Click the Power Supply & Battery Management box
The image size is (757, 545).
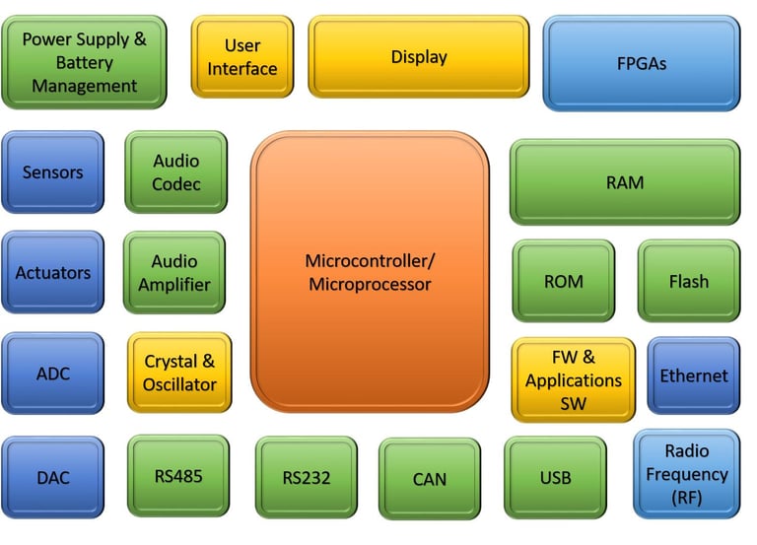click(84, 62)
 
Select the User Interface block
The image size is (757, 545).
click(242, 57)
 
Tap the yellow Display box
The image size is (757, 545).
click(419, 57)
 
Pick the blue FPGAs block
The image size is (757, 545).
click(642, 63)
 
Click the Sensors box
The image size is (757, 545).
click(52, 171)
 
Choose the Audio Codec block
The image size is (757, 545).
click(175, 171)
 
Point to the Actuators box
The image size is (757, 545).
click(52, 272)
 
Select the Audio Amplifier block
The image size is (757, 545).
click(174, 272)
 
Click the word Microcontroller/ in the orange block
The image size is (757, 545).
click(370, 260)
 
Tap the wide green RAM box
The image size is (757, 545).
click(625, 182)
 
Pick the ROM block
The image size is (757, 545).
click(564, 281)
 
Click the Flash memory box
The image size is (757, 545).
click(689, 281)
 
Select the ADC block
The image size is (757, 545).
click(52, 374)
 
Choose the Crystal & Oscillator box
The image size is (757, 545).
click(179, 373)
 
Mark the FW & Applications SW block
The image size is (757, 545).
click(573, 379)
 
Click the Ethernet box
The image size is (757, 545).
click(694, 375)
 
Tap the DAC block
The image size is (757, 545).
click(52, 477)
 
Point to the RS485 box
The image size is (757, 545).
click(178, 476)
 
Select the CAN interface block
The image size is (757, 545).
click(430, 479)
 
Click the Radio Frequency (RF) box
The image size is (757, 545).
click(687, 474)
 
